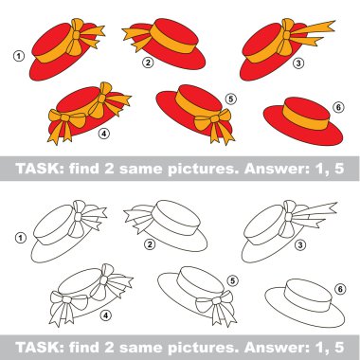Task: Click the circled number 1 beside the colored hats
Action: (x=19, y=57)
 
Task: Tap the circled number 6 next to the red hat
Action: (x=338, y=108)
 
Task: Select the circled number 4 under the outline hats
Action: (x=106, y=315)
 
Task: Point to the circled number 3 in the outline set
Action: (x=300, y=244)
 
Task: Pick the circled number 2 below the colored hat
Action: (x=148, y=63)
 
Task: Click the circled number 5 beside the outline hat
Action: (x=233, y=280)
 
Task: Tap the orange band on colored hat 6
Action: (x=306, y=117)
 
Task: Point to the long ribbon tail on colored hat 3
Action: (x=315, y=28)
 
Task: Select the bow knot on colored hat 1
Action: (x=76, y=34)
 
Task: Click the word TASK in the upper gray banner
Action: (x=40, y=169)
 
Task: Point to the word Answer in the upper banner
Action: (x=277, y=169)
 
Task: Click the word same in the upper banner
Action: (x=141, y=170)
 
